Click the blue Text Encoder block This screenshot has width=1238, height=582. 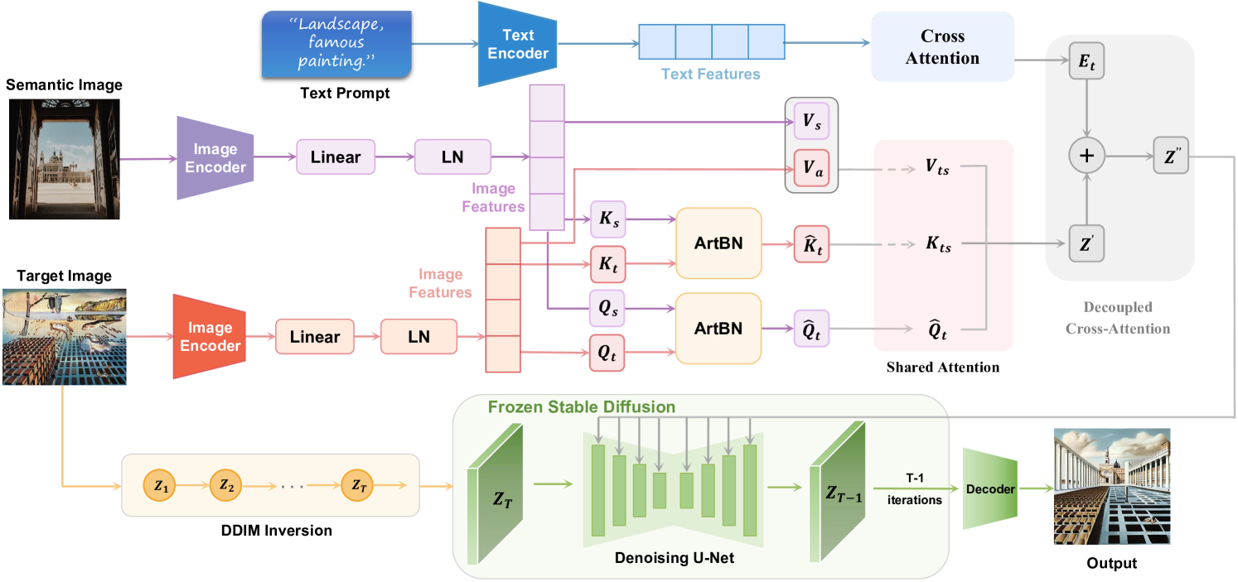point(516,44)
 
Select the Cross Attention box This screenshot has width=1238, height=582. point(942,47)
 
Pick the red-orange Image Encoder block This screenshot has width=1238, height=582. point(210,336)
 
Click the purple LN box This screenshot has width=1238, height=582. point(452,156)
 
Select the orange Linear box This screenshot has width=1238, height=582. point(314,336)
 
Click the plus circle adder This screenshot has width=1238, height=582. point(1087,155)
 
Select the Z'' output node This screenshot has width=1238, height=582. point(1170,155)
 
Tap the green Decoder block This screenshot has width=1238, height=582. point(989,488)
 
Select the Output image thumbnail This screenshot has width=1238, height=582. point(1111,487)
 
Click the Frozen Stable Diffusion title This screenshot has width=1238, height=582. point(582,407)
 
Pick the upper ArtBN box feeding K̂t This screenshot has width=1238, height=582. point(718,243)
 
